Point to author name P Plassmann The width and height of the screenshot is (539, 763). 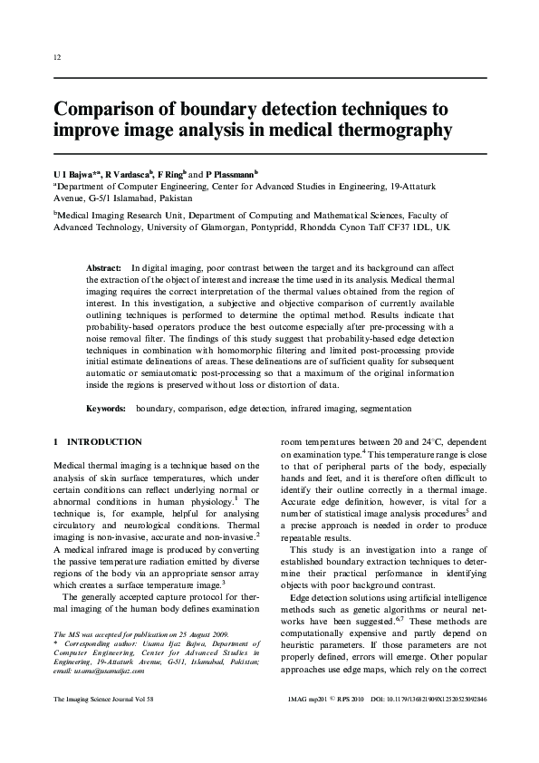coord(230,172)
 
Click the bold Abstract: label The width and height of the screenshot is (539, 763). coord(103,270)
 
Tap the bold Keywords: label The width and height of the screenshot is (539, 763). coord(106,409)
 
